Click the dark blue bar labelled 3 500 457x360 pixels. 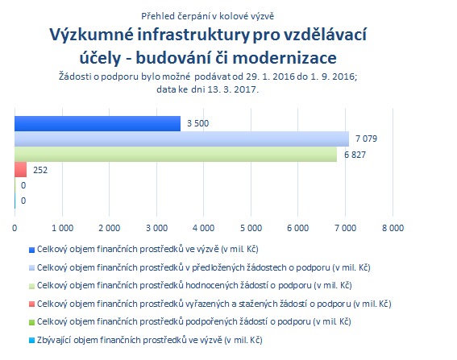(x=98, y=123)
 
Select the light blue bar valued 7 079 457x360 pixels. (x=181, y=139)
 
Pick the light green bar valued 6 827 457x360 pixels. (x=176, y=154)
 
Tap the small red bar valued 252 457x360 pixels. (x=20, y=169)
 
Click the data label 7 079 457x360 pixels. (x=366, y=139)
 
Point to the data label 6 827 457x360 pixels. (x=355, y=155)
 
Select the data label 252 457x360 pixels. (x=40, y=170)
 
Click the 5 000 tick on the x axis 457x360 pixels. (x=251, y=228)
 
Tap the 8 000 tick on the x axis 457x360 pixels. (x=393, y=228)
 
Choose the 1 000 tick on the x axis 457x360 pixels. (x=62, y=228)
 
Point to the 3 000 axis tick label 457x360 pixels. (x=157, y=228)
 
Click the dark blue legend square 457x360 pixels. (x=31, y=250)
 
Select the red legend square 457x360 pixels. (x=31, y=304)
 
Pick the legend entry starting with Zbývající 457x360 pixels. (x=150, y=340)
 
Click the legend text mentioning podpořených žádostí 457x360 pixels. (x=193, y=321)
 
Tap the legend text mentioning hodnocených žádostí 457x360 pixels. (x=194, y=285)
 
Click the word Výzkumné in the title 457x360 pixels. (x=92, y=35)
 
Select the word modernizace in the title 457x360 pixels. (x=285, y=58)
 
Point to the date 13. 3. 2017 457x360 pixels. (x=233, y=89)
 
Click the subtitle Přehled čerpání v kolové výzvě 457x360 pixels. (x=207, y=16)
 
